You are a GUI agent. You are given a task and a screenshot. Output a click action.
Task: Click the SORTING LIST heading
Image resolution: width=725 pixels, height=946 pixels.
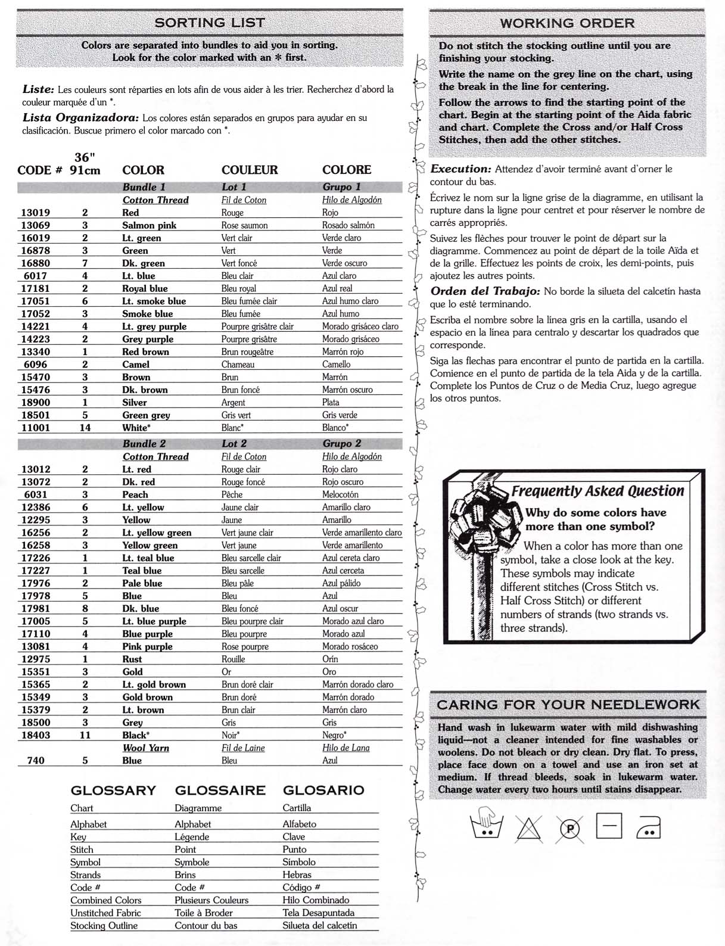click(209, 23)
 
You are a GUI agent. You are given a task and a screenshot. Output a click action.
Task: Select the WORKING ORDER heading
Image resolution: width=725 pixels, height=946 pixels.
click(567, 23)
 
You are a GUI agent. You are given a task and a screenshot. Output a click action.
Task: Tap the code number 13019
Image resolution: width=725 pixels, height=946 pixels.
click(36, 213)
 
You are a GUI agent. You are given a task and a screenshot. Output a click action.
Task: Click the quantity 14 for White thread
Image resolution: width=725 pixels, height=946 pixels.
click(85, 427)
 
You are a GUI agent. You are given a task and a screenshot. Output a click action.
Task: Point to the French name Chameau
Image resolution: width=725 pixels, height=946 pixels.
click(238, 364)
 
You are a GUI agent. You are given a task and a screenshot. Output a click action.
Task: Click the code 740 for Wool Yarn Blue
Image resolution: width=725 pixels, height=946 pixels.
click(36, 760)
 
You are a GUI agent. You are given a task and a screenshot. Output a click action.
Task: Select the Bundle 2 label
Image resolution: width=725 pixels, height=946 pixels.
click(144, 443)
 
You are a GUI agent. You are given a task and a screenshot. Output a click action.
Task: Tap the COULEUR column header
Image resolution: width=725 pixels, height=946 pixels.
click(250, 170)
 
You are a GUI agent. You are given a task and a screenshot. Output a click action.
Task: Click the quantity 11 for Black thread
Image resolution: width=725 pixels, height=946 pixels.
click(85, 735)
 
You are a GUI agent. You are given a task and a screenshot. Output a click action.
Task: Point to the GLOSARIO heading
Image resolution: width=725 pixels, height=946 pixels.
click(323, 791)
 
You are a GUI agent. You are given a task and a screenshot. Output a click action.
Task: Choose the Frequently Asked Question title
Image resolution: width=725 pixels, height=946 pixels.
click(598, 491)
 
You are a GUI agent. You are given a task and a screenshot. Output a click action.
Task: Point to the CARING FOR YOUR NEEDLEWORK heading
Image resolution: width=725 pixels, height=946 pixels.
click(568, 705)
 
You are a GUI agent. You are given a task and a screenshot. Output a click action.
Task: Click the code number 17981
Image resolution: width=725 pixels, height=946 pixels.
click(36, 608)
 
